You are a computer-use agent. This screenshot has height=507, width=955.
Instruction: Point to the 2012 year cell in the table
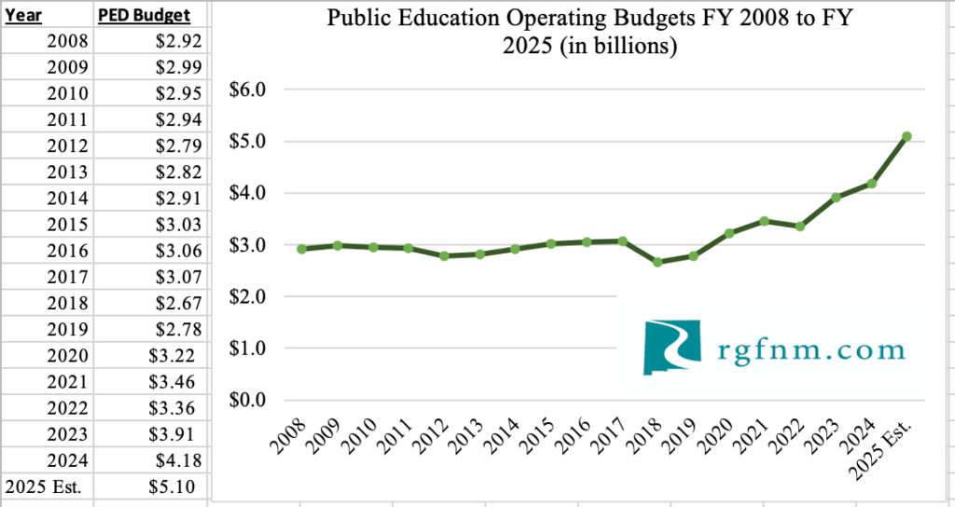[x=70, y=146]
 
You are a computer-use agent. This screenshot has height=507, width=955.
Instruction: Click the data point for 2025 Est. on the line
[x=907, y=137]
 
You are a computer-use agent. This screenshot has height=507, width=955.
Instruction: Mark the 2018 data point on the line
[x=657, y=262]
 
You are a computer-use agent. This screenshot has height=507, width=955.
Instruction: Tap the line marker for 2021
[x=765, y=221]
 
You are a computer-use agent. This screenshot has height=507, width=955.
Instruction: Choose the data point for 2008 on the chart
[x=302, y=249]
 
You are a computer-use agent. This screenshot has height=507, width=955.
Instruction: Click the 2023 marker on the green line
[x=836, y=198]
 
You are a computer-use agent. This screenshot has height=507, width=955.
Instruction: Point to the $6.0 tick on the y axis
[x=247, y=90]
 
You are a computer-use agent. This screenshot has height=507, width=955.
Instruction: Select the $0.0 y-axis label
[x=247, y=401]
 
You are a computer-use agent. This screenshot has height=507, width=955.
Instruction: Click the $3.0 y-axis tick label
[x=247, y=245]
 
